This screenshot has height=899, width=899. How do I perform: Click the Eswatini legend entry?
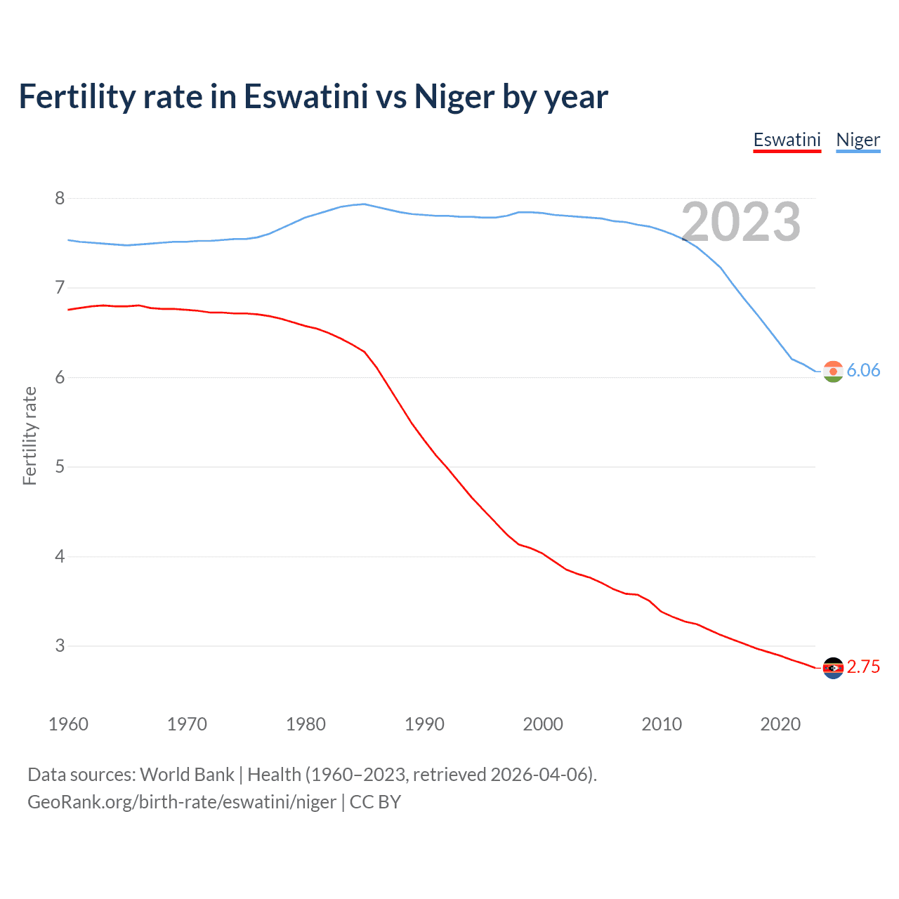[787, 140]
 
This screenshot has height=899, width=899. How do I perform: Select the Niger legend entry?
[858, 140]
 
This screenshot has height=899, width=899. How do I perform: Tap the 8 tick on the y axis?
[60, 199]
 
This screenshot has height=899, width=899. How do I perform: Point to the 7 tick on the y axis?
[60, 288]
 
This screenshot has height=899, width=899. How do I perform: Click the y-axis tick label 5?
[60, 467]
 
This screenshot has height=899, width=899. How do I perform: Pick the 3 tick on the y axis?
[60, 646]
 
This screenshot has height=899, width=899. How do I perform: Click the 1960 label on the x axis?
[68, 724]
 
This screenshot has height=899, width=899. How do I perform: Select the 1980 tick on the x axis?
[306, 724]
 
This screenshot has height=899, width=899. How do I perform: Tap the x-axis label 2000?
[543, 724]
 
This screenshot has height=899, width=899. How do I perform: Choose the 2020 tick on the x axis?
[780, 724]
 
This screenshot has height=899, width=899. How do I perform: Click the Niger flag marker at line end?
[833, 372]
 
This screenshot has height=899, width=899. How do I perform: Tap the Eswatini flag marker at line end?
[833, 668]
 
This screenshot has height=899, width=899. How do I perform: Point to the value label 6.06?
[863, 371]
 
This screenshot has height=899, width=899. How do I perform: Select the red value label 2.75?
[863, 667]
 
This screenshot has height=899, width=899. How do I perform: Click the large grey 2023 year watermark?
[741, 223]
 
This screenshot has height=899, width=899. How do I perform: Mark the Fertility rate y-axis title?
[29, 435]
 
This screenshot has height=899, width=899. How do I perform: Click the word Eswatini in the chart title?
[306, 97]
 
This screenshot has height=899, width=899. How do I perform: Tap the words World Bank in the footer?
[187, 775]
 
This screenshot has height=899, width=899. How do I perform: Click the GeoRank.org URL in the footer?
[182, 802]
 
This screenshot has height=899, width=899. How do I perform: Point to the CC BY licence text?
[375, 802]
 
